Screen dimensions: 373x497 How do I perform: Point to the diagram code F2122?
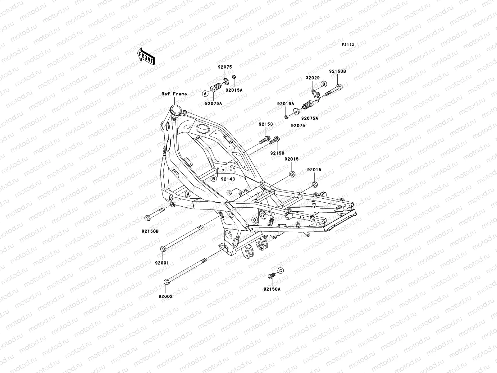coord(348,45)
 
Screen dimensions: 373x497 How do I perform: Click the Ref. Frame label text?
coord(174,94)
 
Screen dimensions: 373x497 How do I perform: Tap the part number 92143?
coord(228,179)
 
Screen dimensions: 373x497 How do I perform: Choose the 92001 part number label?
coord(162,263)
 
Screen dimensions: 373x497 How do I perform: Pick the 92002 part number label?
coord(166,296)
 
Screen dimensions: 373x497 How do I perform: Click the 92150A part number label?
coord(272,289)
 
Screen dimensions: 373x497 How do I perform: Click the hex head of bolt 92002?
coord(166,282)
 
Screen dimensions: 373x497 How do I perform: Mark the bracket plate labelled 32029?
coord(315,92)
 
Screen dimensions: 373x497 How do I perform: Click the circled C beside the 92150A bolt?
coord(280,271)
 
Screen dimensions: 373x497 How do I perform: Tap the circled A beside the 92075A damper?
coord(205,93)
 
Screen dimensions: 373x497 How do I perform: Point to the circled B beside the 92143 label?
coord(214,179)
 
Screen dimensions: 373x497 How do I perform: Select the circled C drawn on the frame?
coord(254,220)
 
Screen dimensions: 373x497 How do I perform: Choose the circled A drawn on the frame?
coord(188,194)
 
